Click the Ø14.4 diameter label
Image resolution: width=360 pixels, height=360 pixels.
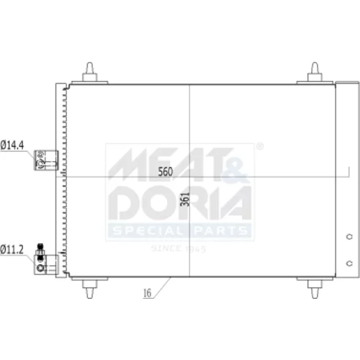tap(12, 145)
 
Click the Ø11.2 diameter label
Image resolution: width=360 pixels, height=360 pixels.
tap(12, 250)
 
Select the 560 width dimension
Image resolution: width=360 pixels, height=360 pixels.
tap(166, 171)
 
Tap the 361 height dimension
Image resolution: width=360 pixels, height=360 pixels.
tap(185, 199)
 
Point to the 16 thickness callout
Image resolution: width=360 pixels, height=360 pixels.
tap(147, 293)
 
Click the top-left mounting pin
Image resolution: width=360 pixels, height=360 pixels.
tap(90, 72)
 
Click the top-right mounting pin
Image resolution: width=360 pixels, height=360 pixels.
tap(315, 72)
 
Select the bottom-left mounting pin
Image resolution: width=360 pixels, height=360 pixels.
tap(90, 289)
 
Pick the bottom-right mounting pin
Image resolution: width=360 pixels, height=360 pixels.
tap(315, 289)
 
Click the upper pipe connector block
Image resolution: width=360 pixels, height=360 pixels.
tap(46, 160)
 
